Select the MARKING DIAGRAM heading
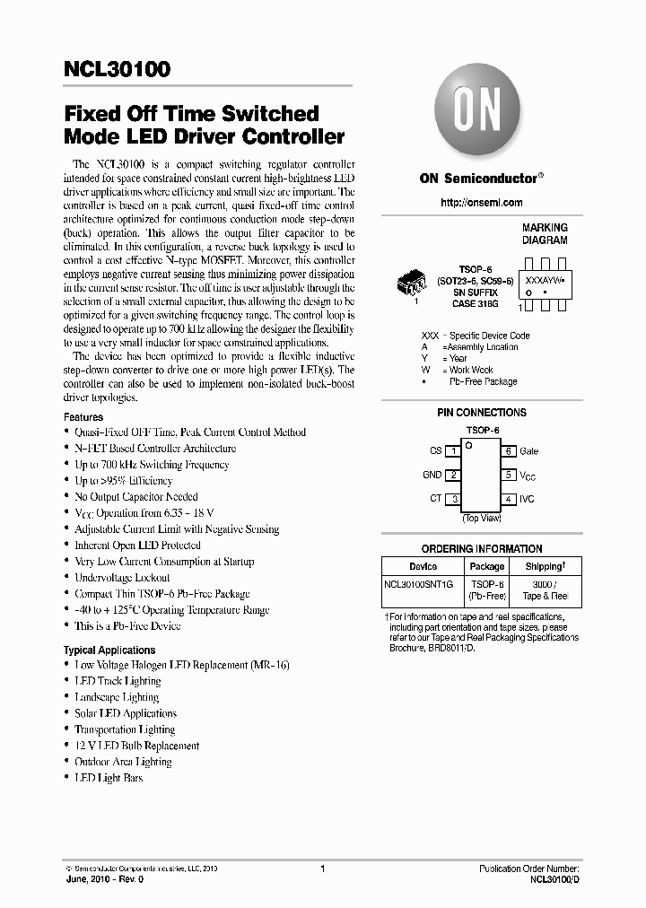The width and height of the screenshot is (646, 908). [x=545, y=234]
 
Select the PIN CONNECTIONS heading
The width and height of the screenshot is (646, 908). [x=481, y=413]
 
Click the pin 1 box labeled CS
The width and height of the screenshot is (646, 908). [x=455, y=451]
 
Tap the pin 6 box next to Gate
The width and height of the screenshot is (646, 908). [x=508, y=451]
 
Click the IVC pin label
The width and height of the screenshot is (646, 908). [x=527, y=499]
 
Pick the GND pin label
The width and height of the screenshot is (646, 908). [x=432, y=476]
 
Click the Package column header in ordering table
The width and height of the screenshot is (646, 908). [x=487, y=566]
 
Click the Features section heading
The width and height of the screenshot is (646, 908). [x=83, y=417]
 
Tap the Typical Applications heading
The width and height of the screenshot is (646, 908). [x=109, y=650]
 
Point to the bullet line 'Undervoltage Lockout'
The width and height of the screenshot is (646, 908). [x=122, y=578]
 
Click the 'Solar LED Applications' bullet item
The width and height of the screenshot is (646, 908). [x=125, y=713]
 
